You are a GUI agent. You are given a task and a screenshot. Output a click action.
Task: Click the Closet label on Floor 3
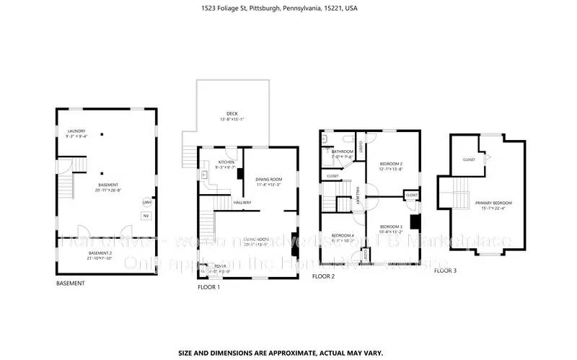pos(469,159)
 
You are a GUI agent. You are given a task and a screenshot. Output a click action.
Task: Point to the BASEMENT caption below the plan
pos(70,284)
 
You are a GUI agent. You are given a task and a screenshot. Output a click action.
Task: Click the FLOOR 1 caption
pos(208,287)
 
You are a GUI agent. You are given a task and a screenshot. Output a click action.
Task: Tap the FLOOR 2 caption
pos(323,276)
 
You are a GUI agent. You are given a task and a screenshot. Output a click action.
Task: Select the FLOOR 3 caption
pos(445,271)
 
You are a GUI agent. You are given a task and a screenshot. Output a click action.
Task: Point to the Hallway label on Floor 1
pos(242,203)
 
